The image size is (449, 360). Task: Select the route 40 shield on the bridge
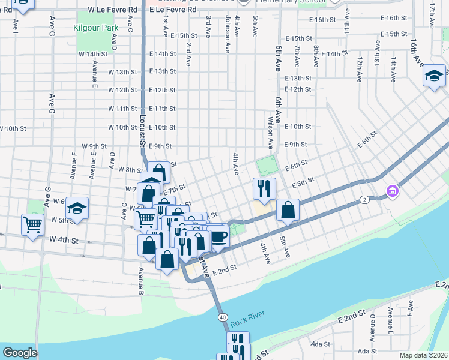click(x=222, y=317)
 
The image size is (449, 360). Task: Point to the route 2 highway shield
click(x=364, y=199)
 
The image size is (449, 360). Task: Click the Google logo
click(x=20, y=353)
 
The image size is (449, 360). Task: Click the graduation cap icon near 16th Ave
click(x=433, y=76)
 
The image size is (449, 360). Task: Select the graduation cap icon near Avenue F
click(x=77, y=208)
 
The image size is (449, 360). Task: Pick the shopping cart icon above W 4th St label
click(x=33, y=224)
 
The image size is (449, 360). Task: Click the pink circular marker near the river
click(x=393, y=191)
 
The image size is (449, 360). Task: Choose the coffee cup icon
click(x=218, y=236)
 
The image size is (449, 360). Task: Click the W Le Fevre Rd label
click(x=112, y=10)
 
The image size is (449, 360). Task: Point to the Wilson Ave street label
click(x=270, y=133)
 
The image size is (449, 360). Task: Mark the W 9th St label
click(x=93, y=146)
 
